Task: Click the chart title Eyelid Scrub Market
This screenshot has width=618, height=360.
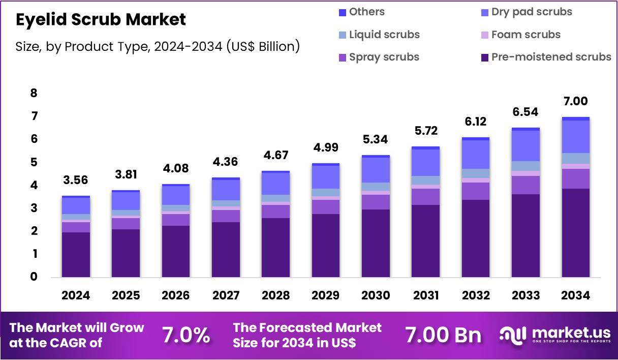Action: point(101,19)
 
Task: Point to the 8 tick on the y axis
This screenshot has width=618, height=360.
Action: point(34,93)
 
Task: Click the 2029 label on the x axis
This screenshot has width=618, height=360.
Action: point(325,295)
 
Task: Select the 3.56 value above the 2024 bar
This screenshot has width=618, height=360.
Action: point(76,179)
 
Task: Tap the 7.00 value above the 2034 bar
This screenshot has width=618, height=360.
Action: point(575,101)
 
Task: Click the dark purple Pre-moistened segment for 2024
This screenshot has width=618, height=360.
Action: point(76,254)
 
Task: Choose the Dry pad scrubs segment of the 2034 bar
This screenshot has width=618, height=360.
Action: point(575,136)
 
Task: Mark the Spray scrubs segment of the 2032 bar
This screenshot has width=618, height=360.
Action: point(476,191)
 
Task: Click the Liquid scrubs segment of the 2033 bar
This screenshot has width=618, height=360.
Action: point(526,166)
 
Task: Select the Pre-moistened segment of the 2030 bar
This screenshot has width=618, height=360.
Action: point(376,243)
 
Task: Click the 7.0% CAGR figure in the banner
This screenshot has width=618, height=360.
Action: point(186,335)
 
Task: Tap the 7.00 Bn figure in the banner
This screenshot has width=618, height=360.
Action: point(443,335)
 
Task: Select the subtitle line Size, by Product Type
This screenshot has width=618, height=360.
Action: point(158,46)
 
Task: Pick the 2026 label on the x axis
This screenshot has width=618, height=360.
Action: point(175,295)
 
